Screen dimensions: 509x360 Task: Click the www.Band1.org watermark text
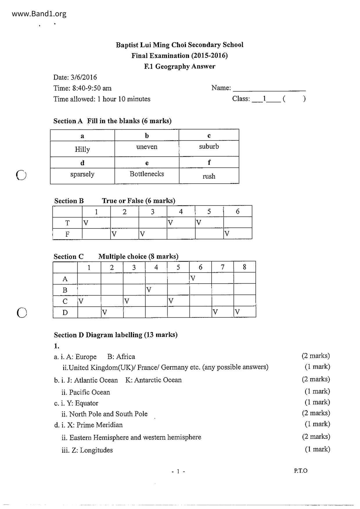39,14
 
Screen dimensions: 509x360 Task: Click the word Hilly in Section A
82,149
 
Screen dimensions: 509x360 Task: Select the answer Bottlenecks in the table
147,174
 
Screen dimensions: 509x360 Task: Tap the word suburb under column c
209,147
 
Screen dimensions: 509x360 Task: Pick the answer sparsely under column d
82,174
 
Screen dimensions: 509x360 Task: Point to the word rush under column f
209,176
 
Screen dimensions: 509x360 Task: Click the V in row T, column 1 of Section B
86,223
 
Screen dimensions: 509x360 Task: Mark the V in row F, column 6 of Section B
227,234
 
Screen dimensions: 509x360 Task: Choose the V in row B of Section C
149,290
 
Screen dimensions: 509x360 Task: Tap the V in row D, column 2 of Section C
105,312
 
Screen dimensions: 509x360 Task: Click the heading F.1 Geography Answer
180,66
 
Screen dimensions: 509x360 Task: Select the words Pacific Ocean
89,392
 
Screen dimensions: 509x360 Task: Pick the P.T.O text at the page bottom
300,471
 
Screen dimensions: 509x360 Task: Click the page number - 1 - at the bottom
178,472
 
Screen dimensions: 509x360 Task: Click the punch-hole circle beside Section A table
21,175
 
